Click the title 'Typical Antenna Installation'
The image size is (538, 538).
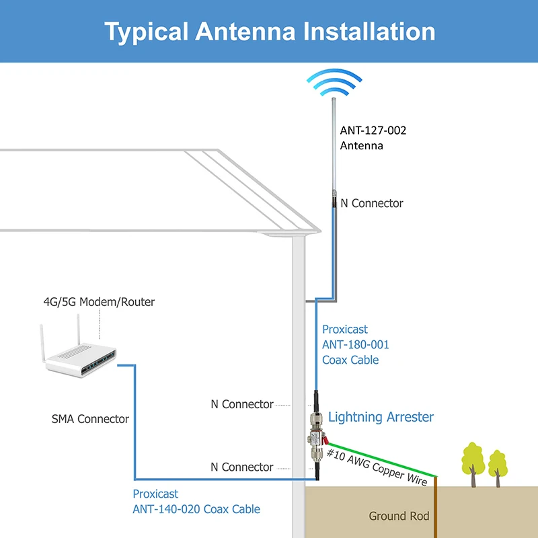point(270,32)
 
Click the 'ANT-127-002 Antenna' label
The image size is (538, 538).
point(373,138)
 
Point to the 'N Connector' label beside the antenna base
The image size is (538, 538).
point(372,203)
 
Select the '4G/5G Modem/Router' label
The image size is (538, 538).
point(99,302)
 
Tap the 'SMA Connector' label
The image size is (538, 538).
point(90,419)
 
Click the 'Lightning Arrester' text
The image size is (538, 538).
point(381,417)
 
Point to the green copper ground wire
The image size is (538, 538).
point(381,460)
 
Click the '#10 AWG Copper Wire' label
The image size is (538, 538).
point(377,467)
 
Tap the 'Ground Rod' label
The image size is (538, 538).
point(399,516)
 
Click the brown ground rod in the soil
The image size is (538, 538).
point(435,507)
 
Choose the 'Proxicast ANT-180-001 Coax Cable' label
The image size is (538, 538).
point(356,344)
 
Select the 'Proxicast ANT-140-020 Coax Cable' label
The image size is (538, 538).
point(196,502)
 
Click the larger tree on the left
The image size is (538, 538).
point(473,464)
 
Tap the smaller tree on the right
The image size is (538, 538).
point(498,468)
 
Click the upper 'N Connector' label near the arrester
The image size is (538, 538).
point(242,404)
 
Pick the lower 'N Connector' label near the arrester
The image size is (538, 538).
point(242,467)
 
